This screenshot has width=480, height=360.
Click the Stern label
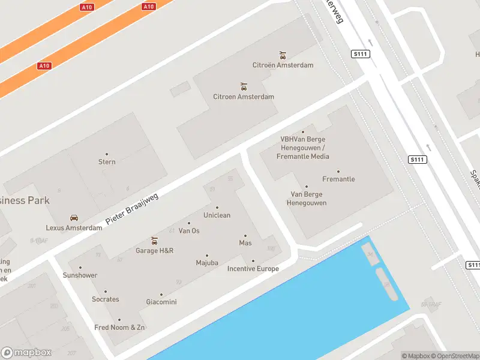[107, 161]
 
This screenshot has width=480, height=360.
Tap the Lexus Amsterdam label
[74, 228]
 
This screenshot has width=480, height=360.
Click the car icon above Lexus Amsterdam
[74, 218]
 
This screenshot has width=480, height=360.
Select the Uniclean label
[217, 215]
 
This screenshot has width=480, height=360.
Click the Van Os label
[189, 231]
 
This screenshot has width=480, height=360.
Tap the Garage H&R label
[154, 251]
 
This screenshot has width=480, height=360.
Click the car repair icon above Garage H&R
[154, 241]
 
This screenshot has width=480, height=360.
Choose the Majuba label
[207, 263]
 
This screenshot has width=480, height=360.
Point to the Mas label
[245, 243]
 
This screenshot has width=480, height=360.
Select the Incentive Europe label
[253, 269]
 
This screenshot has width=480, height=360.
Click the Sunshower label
[80, 275]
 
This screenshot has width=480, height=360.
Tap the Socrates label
[105, 299]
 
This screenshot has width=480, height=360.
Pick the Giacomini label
[161, 302]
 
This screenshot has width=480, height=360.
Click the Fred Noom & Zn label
[119, 328]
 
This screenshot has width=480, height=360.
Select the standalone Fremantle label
[338, 179]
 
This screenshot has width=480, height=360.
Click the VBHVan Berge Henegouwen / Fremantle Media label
[303, 148]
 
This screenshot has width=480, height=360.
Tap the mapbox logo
[26, 353]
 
